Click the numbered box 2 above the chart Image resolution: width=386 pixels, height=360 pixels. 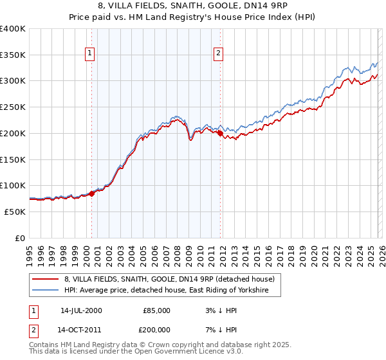pos(219,53)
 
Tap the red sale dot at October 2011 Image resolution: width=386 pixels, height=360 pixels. pos(220,134)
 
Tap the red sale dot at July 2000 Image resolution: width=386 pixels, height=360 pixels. pos(91,193)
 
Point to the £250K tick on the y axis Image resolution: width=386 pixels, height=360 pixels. pos(13,107)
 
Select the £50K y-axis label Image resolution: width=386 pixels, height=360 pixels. pos(15,212)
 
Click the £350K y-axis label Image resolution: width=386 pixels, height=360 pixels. pos(13,55)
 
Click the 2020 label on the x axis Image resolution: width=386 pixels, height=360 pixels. pos(313,251)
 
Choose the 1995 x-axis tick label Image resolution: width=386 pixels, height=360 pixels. pos(29,251)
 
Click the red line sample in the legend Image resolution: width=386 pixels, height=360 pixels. pos(46,279)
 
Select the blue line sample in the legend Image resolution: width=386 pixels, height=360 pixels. pos(46,291)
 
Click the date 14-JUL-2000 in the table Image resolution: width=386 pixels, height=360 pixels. pos(81,310)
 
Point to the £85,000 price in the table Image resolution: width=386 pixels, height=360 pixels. pos(156,310)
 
